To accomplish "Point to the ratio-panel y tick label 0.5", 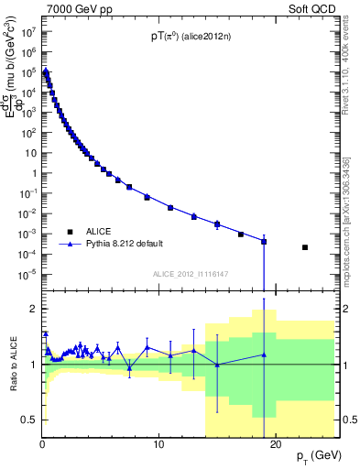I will pyautogui.click(x=29, y=420).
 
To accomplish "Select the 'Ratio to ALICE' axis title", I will pyautogui.click(x=13, y=364).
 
